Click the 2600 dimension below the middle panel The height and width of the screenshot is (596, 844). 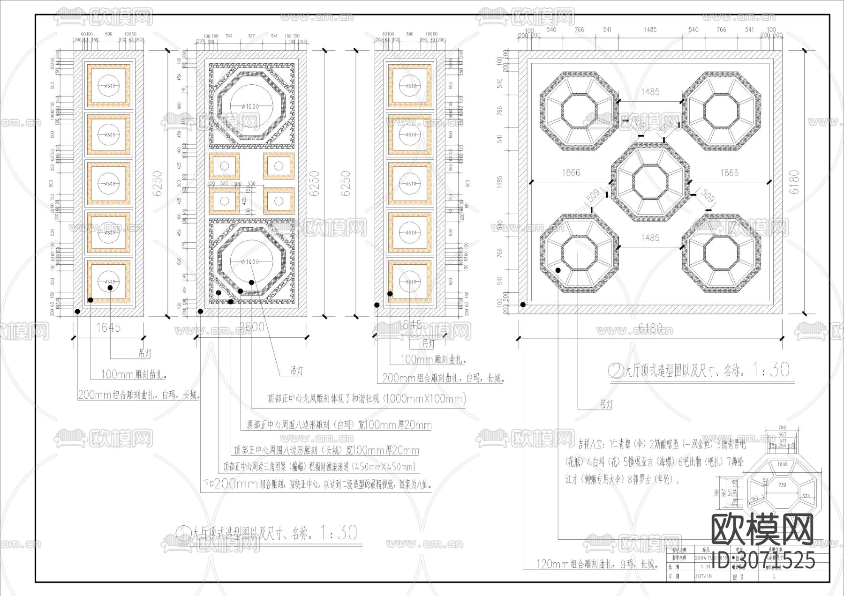click(x=252, y=327)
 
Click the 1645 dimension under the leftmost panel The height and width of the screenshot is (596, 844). click(x=108, y=327)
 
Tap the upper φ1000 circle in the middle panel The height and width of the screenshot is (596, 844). click(x=251, y=106)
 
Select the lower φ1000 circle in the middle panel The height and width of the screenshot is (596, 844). click(x=251, y=261)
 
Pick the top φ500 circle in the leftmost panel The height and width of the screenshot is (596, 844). click(x=109, y=86)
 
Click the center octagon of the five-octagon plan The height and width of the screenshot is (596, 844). click(x=650, y=182)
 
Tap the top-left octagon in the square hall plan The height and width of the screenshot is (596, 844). click(x=579, y=111)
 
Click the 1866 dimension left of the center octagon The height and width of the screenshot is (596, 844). click(x=571, y=173)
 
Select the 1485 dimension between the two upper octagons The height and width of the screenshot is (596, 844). click(x=650, y=92)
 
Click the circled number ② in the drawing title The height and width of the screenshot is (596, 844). click(x=615, y=371)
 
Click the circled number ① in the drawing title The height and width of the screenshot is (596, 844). click(x=182, y=533)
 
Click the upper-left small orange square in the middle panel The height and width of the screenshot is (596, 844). click(x=225, y=166)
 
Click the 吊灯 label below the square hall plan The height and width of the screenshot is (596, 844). click(x=606, y=404)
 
